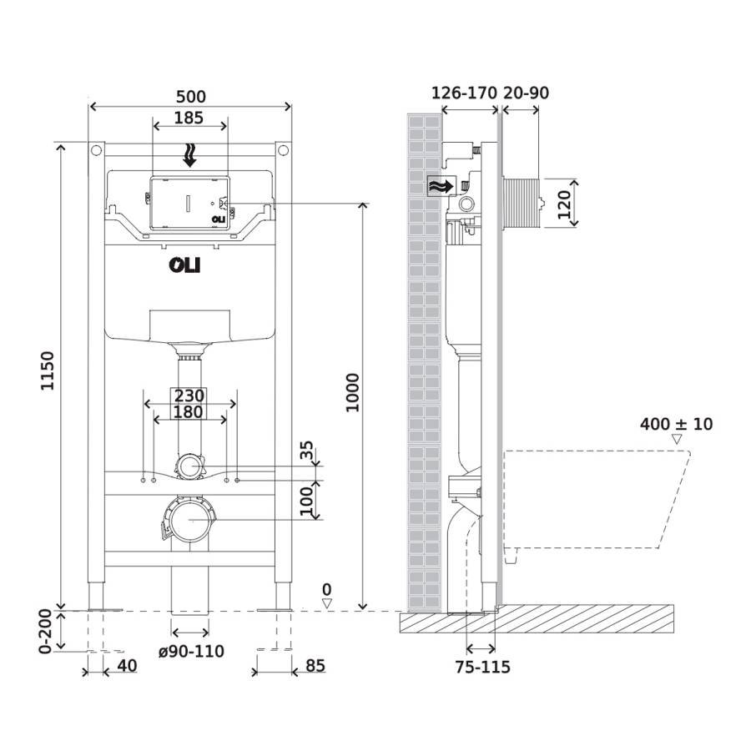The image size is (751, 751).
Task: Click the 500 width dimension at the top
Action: coord(189,97)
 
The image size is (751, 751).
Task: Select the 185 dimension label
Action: coord(189,118)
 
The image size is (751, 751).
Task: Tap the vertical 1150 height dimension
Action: coord(48,372)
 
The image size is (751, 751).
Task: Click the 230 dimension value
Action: coord(189,396)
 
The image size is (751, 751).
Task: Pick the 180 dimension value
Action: coord(189,412)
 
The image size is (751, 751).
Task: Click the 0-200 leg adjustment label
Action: coord(48,632)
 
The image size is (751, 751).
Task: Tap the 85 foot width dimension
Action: coord(315,665)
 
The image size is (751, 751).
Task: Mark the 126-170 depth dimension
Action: coord(464,93)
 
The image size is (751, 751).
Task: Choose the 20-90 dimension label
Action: coord(526,93)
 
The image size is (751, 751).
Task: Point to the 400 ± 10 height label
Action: coord(676,424)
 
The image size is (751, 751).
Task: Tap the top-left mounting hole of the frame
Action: coord(95,151)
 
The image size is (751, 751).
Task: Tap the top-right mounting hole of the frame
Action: coord(283,151)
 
